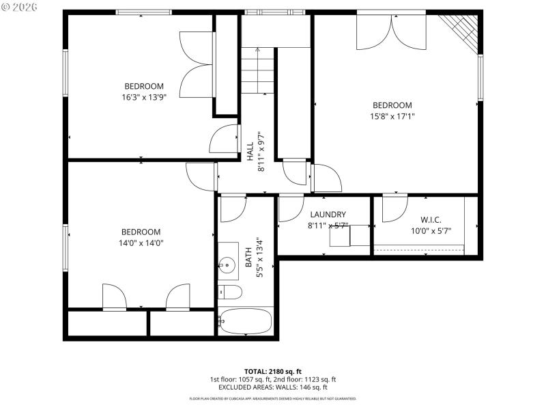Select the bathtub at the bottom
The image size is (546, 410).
[x=246, y=320]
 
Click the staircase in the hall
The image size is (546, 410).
[x=258, y=72]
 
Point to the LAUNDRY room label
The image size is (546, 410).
[x=328, y=214]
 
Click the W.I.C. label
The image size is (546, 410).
[x=431, y=219]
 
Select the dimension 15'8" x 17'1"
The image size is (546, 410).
[x=392, y=116]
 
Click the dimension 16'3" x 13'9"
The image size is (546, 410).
[x=143, y=97]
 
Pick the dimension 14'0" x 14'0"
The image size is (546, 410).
[x=141, y=243]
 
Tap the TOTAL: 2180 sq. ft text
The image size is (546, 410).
[x=272, y=371]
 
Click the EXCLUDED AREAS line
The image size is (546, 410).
[x=272, y=387]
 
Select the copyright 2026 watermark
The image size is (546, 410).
[x=20, y=7]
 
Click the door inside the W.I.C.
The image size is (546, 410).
[x=394, y=208]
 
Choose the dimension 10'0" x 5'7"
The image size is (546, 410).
[x=431, y=230]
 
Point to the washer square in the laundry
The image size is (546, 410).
[x=339, y=236]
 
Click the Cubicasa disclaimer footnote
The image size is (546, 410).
[x=272, y=398]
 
